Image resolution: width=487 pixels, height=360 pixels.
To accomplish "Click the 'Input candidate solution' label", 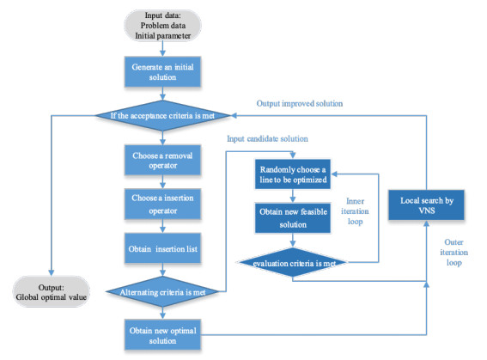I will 266,137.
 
